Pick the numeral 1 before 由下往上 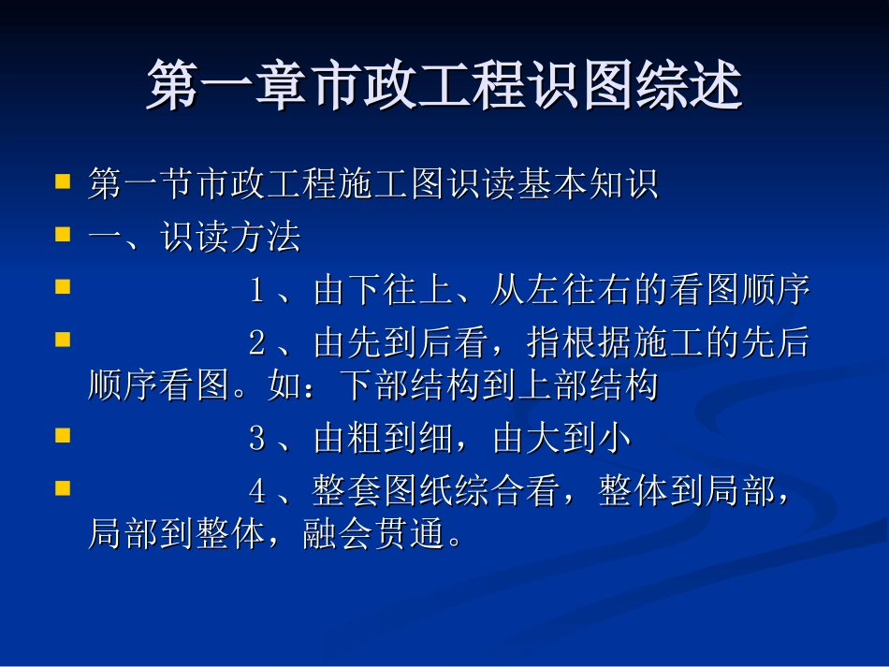coord(256,292)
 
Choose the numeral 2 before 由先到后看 coord(256,345)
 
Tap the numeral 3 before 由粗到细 coord(256,440)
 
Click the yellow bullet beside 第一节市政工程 coord(63,181)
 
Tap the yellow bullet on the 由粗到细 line coord(63,435)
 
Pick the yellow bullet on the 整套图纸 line coord(63,488)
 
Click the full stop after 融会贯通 coord(456,541)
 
